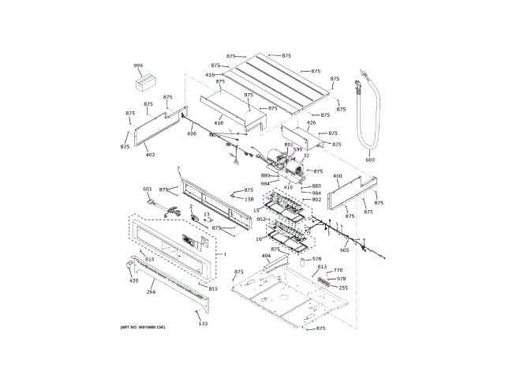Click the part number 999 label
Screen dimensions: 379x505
pyautogui.click(x=138, y=66)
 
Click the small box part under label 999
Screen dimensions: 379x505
pyautogui.click(x=145, y=81)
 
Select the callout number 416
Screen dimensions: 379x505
pyautogui.click(x=210, y=75)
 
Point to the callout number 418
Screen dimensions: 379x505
pyautogui.click(x=219, y=123)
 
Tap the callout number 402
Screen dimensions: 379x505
pyautogui.click(x=150, y=155)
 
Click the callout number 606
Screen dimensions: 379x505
pyautogui.click(x=192, y=133)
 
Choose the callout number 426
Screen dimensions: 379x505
pyautogui.click(x=311, y=123)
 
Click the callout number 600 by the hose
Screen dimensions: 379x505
pyautogui.click(x=370, y=160)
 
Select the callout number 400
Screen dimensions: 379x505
pyautogui.click(x=337, y=176)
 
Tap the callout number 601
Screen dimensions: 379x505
pyautogui.click(x=147, y=189)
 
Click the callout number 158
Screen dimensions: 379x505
pyautogui.click(x=249, y=200)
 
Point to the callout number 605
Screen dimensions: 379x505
pyautogui.click(x=344, y=250)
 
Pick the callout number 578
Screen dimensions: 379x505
pyautogui.click(x=316, y=259)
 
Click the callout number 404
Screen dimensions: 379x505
pyautogui.click(x=266, y=257)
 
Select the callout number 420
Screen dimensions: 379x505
pyautogui.click(x=133, y=281)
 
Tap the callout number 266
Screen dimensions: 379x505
pyautogui.click(x=151, y=292)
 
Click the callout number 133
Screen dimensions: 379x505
pyautogui.click(x=203, y=324)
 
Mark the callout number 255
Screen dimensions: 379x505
pyautogui.click(x=342, y=288)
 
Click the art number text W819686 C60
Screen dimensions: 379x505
pyautogui.click(x=143, y=327)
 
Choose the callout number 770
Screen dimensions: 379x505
pyautogui.click(x=338, y=271)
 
